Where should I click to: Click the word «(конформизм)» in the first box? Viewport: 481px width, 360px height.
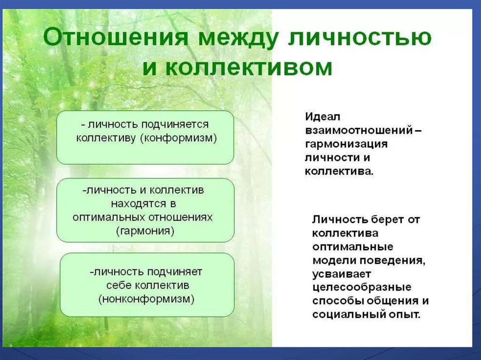[x=178, y=138]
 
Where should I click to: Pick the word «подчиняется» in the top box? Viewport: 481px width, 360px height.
[x=175, y=125]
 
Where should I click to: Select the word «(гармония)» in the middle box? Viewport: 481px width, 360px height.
[x=146, y=230]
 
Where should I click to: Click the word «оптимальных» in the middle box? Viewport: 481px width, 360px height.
[x=109, y=217]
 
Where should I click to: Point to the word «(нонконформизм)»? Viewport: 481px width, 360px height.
[x=147, y=299]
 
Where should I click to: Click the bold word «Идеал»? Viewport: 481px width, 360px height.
[x=323, y=117]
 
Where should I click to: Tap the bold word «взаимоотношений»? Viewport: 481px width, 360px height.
[x=359, y=130]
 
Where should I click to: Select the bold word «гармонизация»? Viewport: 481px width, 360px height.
[x=346, y=144]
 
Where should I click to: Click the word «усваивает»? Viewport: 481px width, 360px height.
[x=342, y=274]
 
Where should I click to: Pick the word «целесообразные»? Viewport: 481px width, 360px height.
[x=362, y=288]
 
